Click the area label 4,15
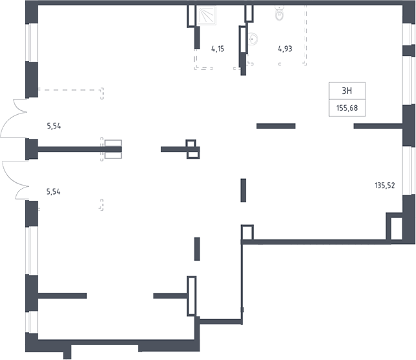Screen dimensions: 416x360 pos(218,49)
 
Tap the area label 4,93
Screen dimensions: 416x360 pos(285,49)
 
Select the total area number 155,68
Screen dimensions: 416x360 pos(347,108)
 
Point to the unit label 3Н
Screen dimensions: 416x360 pos(347,91)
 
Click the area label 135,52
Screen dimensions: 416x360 pos(385,186)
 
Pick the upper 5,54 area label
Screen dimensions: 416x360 pos(54,126)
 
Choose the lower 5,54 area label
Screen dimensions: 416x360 pos(53,191)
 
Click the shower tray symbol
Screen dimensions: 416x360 pos(207,16)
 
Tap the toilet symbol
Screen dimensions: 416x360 pos(279,14)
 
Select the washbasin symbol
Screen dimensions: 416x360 pos(252,40)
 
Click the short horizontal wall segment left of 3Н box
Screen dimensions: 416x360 pos(276,126)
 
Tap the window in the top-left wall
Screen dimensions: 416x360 pos(32,43)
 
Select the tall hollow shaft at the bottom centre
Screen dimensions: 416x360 pos(192,296)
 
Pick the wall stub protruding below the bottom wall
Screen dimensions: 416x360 pos(67,352)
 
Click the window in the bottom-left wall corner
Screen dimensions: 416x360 pos(32,322)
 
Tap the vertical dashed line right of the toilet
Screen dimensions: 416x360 pos(306,34)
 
